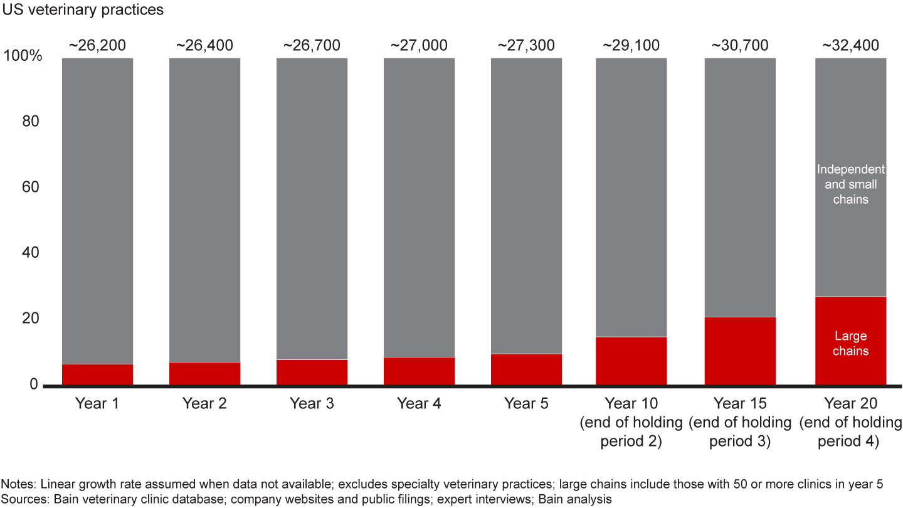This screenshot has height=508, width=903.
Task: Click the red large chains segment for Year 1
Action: pyautogui.click(x=97, y=374)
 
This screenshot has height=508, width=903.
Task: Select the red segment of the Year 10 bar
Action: pyautogui.click(x=631, y=361)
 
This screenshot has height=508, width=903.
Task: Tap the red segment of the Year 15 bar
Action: pyautogui.click(x=740, y=351)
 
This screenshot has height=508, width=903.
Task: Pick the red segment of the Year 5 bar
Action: pyautogui.click(x=526, y=369)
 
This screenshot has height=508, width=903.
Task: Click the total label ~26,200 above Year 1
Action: pyautogui.click(x=97, y=45)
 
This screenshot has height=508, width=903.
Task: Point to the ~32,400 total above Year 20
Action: pyautogui.click(x=850, y=45)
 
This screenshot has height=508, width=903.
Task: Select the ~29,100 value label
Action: pyautogui.click(x=631, y=45)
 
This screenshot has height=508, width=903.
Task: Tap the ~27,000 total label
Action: pyautogui.click(x=419, y=45)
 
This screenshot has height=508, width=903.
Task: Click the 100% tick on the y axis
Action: pyautogui.click(x=23, y=56)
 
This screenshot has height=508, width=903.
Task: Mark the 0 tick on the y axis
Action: pyautogui.click(x=34, y=384)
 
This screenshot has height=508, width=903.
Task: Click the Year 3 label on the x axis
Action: pyautogui.click(x=312, y=403)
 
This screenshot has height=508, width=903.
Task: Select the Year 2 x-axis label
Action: pyautogui.click(x=204, y=403)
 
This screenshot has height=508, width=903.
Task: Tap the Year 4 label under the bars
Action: pyautogui.click(x=419, y=403)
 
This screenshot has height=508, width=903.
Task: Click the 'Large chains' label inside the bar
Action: pyautogui.click(x=850, y=344)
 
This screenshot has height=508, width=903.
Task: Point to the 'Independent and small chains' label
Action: pyautogui.click(x=850, y=184)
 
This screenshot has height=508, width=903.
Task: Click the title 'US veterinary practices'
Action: pyautogui.click(x=83, y=10)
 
